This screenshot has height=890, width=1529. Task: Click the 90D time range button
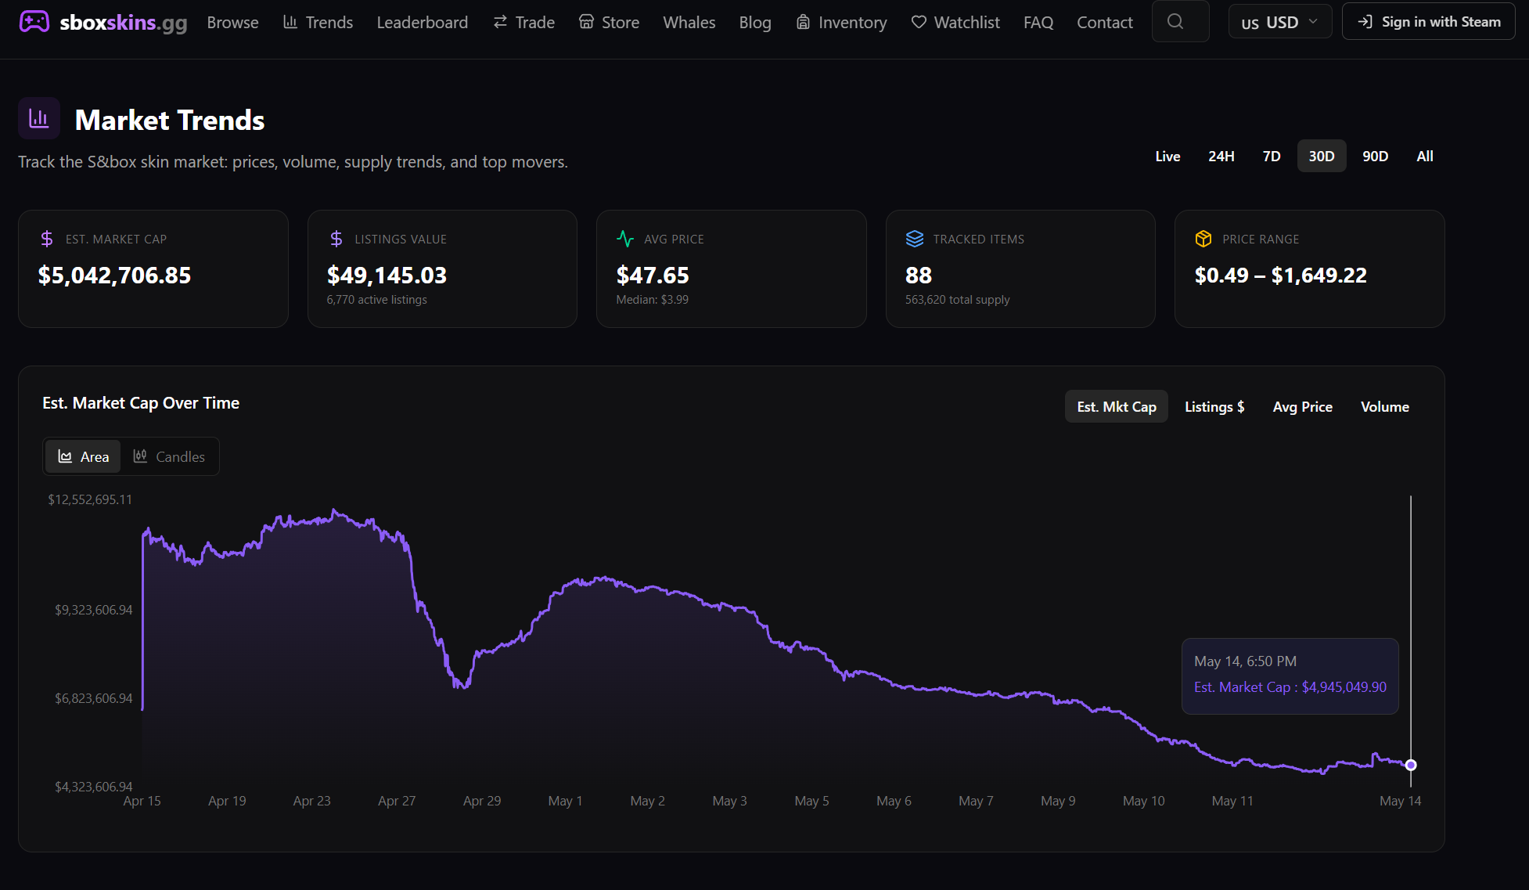pos(1375,157)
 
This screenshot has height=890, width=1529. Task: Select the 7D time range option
pos(1272,157)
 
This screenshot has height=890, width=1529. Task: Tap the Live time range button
pos(1167,157)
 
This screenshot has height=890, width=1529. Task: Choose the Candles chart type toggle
pos(169,456)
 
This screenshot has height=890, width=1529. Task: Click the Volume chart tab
pos(1384,407)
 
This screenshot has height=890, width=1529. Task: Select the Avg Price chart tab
pos(1302,407)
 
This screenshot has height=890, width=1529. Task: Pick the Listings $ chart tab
pos(1214,407)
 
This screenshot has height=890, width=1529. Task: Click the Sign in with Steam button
pos(1429,22)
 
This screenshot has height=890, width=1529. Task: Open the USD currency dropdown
pos(1279,22)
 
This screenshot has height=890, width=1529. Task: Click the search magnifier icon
pos(1175,22)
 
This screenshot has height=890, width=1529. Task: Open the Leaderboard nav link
pos(423,23)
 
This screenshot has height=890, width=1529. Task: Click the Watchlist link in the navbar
pos(955,23)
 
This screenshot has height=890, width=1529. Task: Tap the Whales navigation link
pos(689,23)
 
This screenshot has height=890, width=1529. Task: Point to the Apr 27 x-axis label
pos(397,801)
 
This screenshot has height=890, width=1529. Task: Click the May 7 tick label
pos(976,801)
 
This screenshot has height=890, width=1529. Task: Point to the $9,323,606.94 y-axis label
pos(93,610)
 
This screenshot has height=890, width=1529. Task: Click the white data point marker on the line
pos(1411,765)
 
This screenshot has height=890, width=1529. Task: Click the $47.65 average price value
pos(653,276)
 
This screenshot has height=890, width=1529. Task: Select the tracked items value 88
pos(919,276)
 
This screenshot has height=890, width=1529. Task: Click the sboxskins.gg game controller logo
pos(34,21)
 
